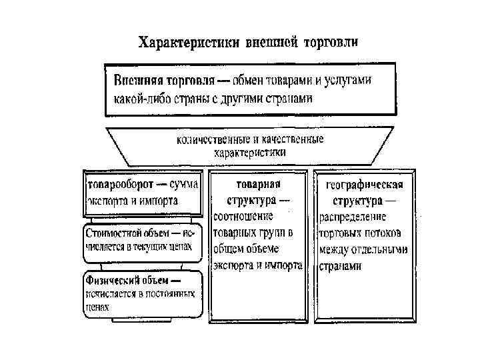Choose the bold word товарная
coord(257,183)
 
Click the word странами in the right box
coord(340,266)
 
